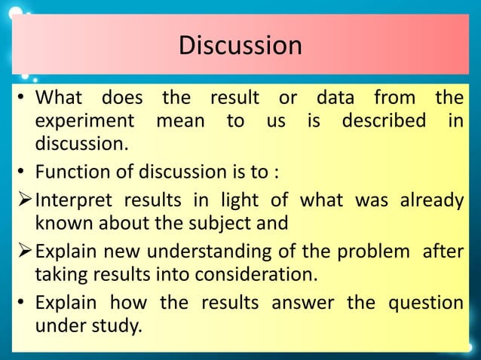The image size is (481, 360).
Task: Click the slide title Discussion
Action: coord(240,45)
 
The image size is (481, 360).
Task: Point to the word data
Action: coord(338,99)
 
